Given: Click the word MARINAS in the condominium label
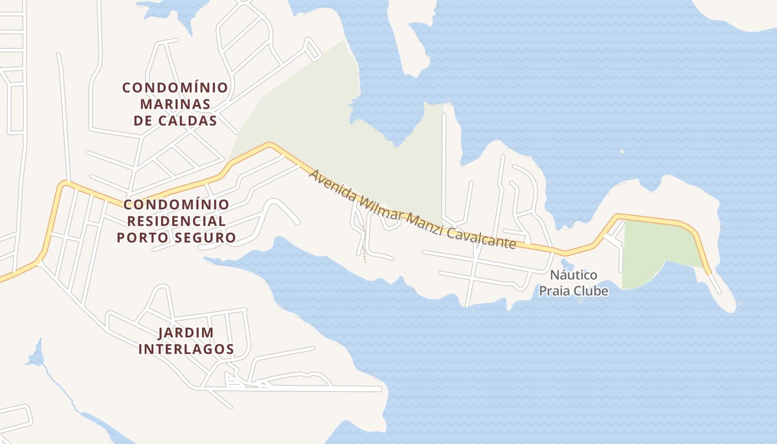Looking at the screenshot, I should pos(175,104).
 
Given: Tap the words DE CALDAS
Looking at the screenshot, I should pos(175,120).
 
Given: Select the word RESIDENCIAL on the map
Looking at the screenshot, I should pos(176,221).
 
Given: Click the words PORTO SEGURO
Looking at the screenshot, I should pos(176,238).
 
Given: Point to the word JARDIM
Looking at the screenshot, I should pos(186,332).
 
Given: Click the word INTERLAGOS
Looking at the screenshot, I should pos(186,349).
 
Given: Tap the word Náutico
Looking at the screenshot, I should pos(573,275).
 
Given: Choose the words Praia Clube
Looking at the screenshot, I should pos(573,291).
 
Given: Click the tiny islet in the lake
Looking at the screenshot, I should pos(622,150).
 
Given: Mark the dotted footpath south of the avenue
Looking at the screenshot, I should pos(364,244).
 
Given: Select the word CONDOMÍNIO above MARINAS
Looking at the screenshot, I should pos(175,88).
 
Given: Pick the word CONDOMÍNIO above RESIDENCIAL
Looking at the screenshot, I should pos(176,204).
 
